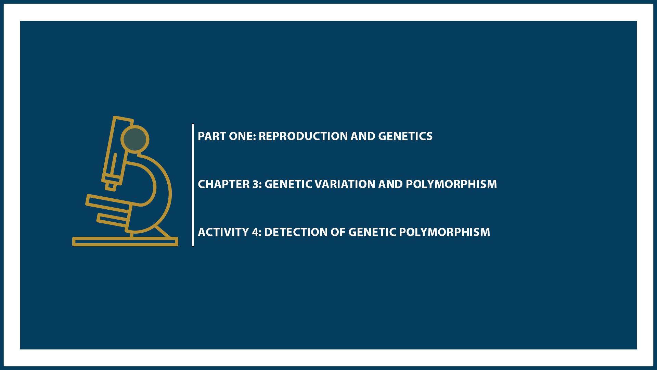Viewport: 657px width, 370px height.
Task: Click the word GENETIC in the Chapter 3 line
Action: pos(288,184)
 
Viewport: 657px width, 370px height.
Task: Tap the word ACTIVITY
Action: pos(223,232)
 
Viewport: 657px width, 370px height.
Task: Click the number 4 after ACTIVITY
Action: pos(256,232)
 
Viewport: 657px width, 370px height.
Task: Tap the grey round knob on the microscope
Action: pos(135,139)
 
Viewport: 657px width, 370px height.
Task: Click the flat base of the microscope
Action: pos(125,242)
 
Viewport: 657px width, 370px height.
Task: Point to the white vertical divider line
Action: pos(193,185)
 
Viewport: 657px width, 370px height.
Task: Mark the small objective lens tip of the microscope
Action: pos(111,186)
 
